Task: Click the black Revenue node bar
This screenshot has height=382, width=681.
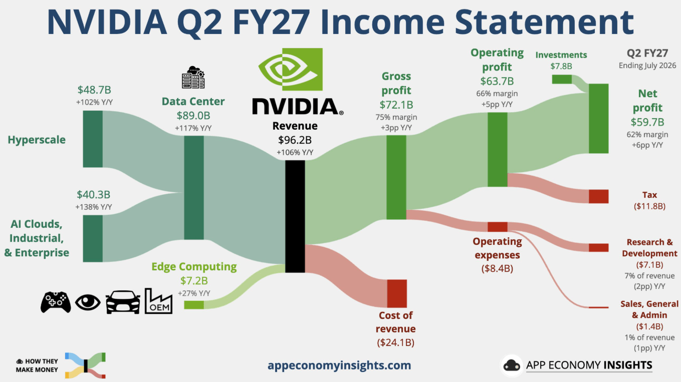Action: [295, 216]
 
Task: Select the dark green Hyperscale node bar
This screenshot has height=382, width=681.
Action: [93, 139]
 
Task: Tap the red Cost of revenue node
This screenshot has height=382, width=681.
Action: [397, 294]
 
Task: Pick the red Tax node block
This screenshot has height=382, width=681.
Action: [599, 196]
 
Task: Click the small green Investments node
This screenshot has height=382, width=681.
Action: [562, 79]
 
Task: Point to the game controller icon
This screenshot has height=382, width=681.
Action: [56, 302]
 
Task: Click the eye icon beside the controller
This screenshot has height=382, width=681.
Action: [88, 302]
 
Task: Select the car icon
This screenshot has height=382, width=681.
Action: [123, 302]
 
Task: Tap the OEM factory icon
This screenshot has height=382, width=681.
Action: [158, 301]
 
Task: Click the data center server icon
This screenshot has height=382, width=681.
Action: [193, 78]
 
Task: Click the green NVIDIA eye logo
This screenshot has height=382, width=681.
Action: [290, 69]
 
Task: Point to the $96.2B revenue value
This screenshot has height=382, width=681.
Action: [295, 140]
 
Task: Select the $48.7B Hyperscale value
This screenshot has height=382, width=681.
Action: [94, 90]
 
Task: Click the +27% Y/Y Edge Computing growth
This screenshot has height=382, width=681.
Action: [194, 293]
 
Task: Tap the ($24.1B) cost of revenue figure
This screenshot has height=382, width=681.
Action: [395, 342]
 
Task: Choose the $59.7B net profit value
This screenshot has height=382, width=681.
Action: [647, 122]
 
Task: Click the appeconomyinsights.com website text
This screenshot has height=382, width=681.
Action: [339, 365]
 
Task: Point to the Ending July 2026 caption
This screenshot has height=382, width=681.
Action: [647, 66]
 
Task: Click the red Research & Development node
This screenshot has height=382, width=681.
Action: [599, 247]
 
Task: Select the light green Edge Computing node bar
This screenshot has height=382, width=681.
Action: [193, 305]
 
